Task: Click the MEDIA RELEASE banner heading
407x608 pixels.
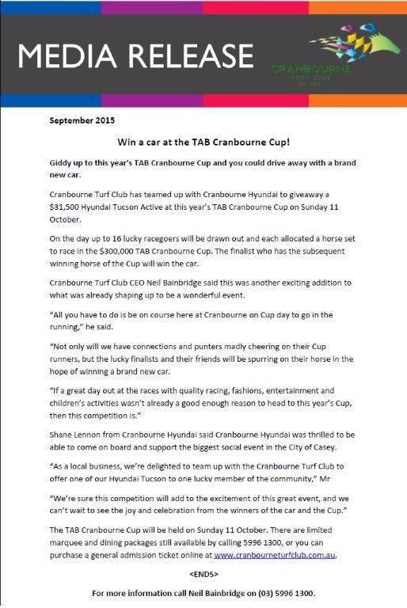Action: [x=135, y=55]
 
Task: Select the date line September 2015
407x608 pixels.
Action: [x=82, y=121]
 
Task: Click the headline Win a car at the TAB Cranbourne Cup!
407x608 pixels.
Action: [x=204, y=142]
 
